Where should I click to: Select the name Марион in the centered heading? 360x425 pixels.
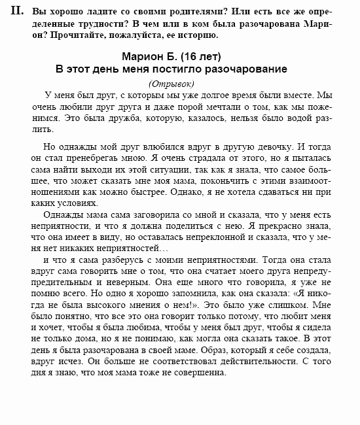147,56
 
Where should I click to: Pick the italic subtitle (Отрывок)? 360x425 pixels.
171,83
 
